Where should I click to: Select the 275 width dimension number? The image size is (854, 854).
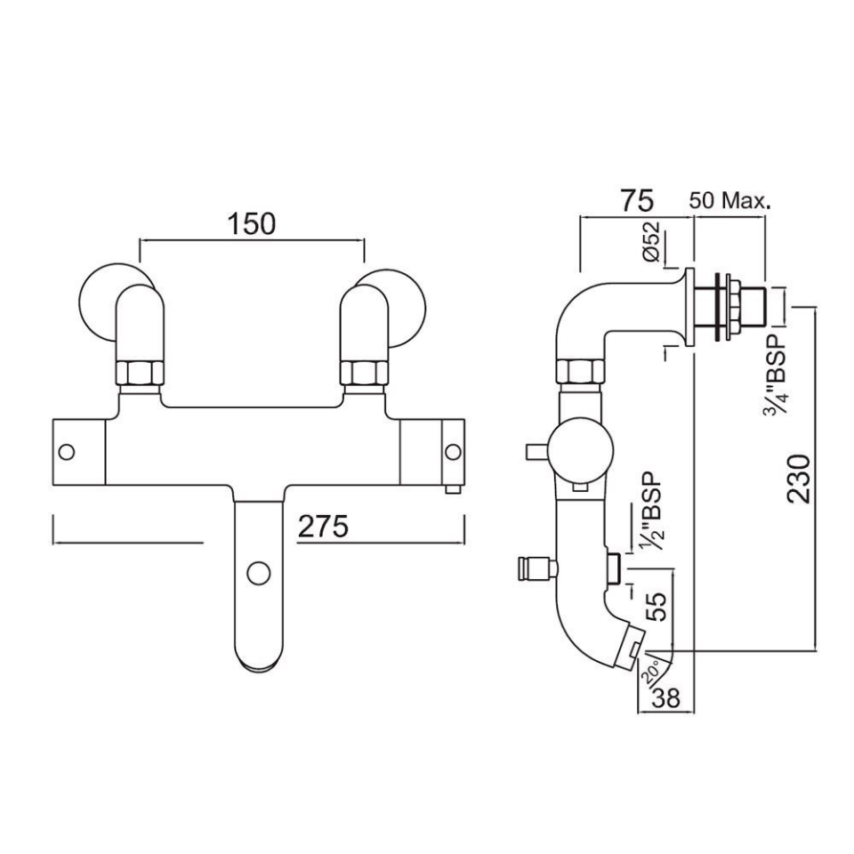click(x=322, y=527)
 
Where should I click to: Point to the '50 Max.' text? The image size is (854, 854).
click(x=729, y=201)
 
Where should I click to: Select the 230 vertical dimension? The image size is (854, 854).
click(x=799, y=479)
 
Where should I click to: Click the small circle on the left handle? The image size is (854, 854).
click(x=67, y=452)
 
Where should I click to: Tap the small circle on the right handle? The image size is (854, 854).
click(x=452, y=452)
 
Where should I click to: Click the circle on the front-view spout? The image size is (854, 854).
click(x=258, y=573)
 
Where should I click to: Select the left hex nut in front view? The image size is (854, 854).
click(x=141, y=373)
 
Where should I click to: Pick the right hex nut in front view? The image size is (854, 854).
click(x=364, y=373)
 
